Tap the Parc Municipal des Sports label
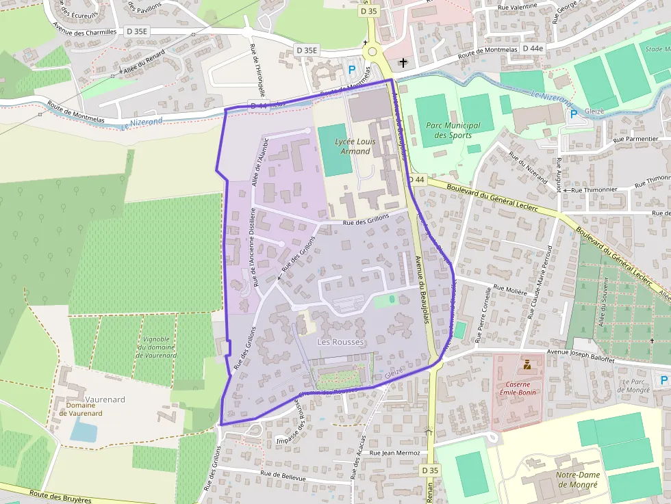coord(453,130)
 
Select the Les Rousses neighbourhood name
coord(341,341)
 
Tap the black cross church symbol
coord(403,63)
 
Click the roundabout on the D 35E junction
coord(372,51)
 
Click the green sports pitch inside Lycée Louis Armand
coord(335,150)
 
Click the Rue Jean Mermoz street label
coord(394,453)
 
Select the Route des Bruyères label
coord(60,496)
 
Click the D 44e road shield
coord(532,48)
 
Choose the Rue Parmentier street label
coord(635,140)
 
